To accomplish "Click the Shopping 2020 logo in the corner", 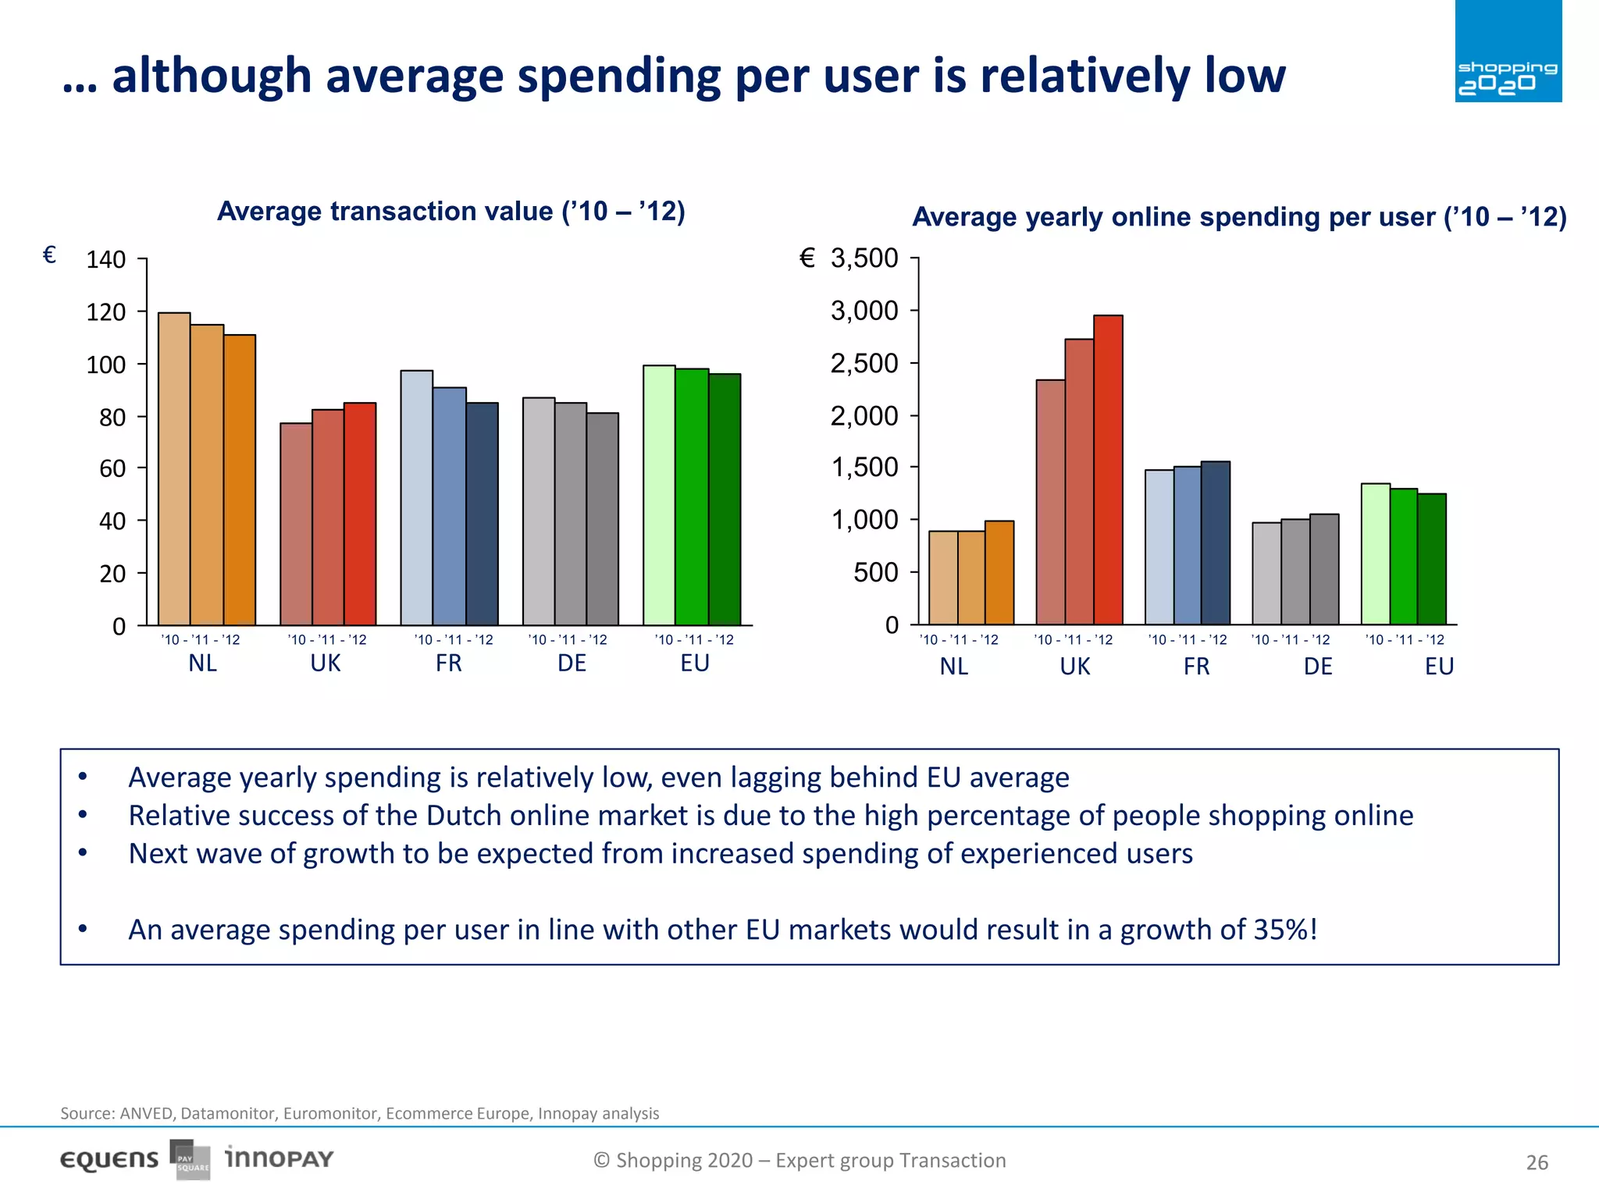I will coord(1508,52).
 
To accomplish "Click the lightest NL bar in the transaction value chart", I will coord(174,468).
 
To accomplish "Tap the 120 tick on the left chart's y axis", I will coord(106,312).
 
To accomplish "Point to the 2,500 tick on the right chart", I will coord(864,363).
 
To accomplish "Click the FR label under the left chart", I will coord(449,663).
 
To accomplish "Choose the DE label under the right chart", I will coord(1318,667).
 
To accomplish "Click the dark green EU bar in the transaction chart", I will coord(725,500).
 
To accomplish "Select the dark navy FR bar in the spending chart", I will coord(1216,543).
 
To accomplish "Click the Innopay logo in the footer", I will coord(279,1158).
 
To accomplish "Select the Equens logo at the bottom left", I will coord(109,1160).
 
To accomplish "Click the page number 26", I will coord(1537,1163).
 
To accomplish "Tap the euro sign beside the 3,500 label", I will coord(807,258).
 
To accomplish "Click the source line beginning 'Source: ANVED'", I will coord(359,1113).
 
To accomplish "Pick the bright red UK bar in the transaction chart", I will coord(360,514).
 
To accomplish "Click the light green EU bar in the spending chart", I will coord(1375,554).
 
